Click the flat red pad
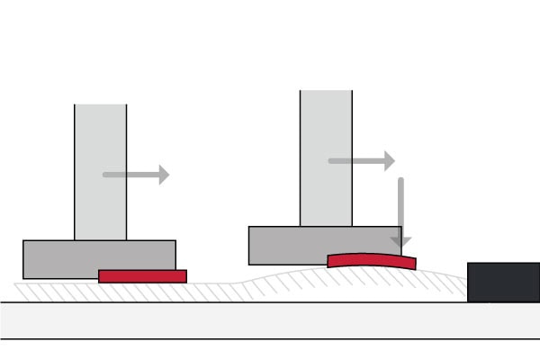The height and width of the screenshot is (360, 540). click(142, 276)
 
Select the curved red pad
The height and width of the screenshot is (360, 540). click(372, 260)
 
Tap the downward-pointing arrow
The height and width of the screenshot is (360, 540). click(402, 211)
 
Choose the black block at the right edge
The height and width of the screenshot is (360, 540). click(503, 282)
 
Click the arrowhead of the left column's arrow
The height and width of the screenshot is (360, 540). click(164, 175)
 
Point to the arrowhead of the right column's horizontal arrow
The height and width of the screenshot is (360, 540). click(389, 161)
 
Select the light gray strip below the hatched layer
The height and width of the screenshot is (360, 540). click(270, 319)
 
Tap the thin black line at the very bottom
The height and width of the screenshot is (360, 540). click(270, 339)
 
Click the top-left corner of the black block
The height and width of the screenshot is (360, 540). click(469, 264)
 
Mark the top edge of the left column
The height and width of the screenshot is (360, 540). click(100, 104)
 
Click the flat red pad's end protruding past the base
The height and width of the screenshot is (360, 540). click(181, 276)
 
